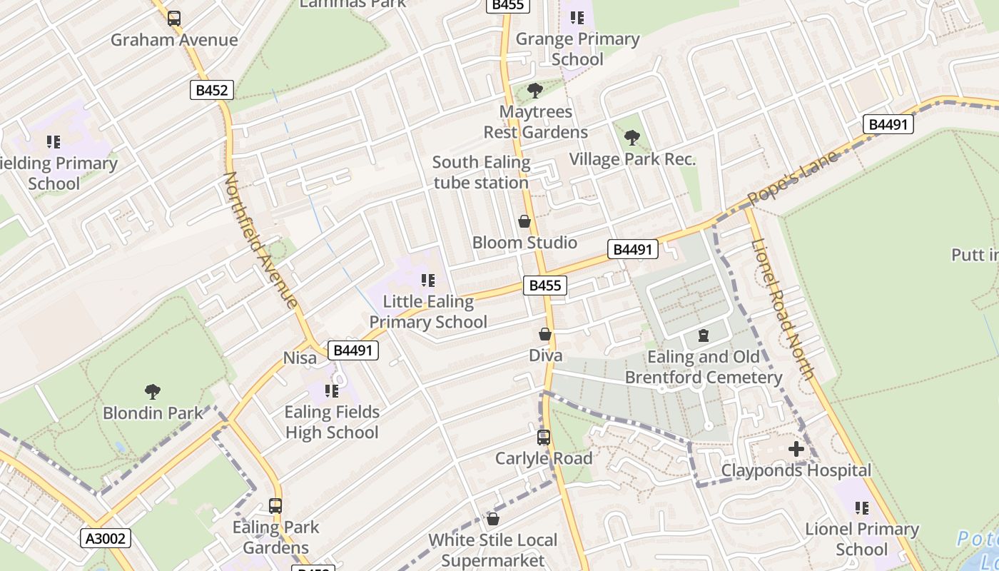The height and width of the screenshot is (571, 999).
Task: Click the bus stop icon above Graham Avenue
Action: (174, 19)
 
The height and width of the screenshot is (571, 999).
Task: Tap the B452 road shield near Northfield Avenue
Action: (212, 90)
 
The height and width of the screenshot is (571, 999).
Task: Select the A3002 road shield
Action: (106, 538)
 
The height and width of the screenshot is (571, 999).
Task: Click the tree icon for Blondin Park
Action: (152, 391)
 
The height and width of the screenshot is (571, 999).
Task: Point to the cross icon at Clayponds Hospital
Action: (796, 449)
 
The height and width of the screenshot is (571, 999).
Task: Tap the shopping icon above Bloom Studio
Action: (524, 221)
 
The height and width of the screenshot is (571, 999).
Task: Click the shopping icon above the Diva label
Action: (545, 334)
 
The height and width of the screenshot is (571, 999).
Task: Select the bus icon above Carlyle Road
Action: (544, 438)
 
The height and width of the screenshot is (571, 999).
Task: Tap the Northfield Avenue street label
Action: (260, 240)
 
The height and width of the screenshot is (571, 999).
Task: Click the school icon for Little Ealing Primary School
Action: (428, 281)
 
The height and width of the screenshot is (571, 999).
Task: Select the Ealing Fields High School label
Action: (332, 422)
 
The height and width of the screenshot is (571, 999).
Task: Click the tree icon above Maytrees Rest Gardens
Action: (535, 91)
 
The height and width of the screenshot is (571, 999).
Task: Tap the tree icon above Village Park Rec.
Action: (632, 138)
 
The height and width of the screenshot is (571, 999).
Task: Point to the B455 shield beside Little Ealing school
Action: (545, 285)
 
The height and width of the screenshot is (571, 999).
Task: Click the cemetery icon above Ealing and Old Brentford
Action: (704, 335)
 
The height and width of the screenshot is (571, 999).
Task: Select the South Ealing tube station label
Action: (482, 173)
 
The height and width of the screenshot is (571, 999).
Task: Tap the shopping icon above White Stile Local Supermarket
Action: (492, 519)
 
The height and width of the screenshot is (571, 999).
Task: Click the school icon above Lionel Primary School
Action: (862, 508)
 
